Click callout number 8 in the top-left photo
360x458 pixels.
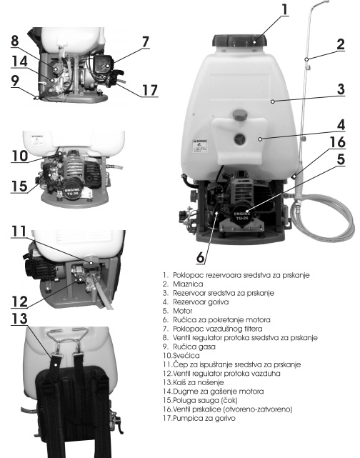[x=15, y=41]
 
